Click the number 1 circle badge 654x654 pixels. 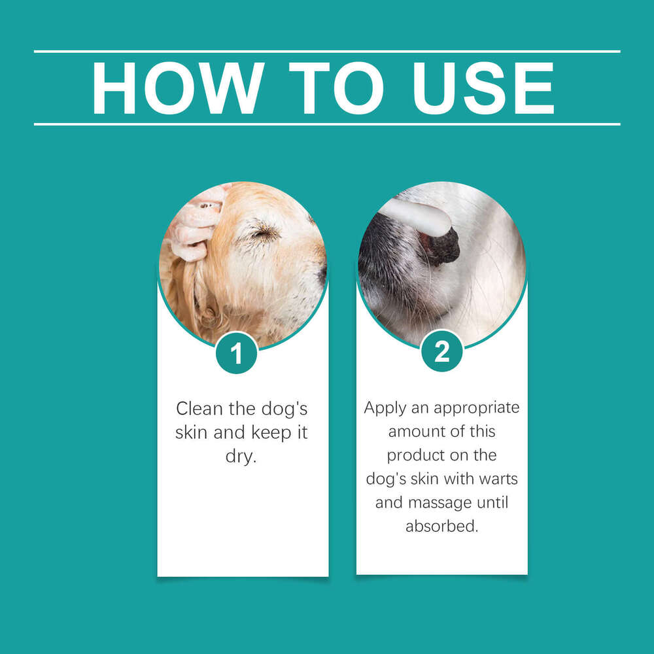click(x=237, y=353)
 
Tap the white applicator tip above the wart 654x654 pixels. click(x=419, y=216)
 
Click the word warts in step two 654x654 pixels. click(x=494, y=479)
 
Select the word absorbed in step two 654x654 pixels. click(x=441, y=526)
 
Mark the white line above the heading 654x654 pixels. click(x=327, y=51)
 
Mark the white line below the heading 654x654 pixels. click(x=327, y=124)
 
